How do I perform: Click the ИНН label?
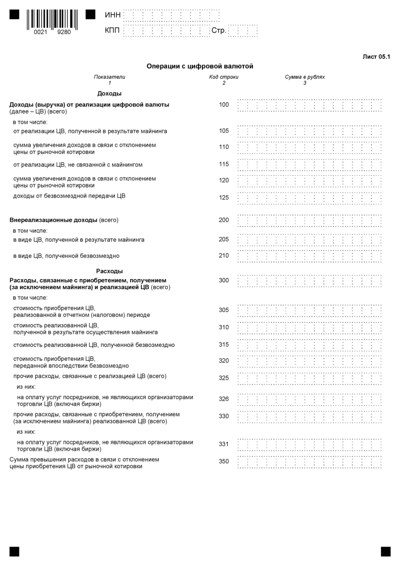pos(112,15)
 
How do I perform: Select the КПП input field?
pos(166,31)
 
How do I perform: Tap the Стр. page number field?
pos(243,31)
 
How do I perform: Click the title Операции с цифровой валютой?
pos(199,66)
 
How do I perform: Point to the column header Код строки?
pos(224,77)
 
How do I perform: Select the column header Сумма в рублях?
pos(305,77)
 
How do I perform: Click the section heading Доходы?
pos(109,93)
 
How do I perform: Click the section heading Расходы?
pos(109,271)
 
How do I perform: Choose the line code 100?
pos(224,105)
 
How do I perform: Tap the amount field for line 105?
pos(309,132)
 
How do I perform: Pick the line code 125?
pos(224,198)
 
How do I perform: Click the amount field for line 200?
pos(309,221)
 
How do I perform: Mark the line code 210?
pos(224,256)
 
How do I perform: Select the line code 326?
pos(224,399)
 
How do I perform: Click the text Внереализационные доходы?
pos(53,220)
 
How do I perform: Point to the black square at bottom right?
pos(385,551)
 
